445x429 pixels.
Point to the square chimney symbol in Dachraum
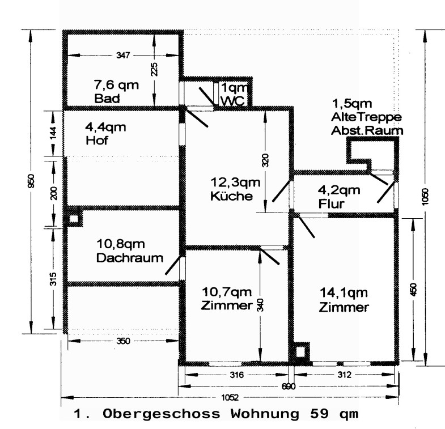tap(73, 219)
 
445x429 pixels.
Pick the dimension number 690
tap(289, 385)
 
